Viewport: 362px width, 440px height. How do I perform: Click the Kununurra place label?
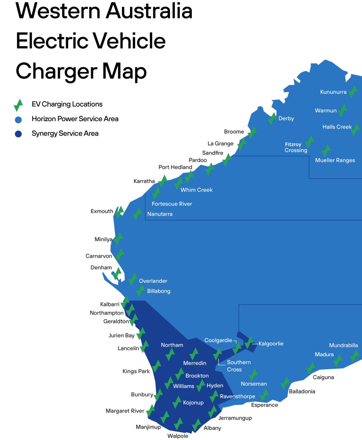333,92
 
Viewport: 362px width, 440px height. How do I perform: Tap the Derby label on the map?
286,118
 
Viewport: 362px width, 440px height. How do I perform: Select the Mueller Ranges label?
335,160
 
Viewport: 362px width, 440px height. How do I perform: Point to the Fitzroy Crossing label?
296,148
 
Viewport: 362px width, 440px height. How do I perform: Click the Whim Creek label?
196,190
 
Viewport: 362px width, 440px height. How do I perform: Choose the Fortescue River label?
172,204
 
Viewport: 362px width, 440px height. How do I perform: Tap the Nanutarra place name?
160,214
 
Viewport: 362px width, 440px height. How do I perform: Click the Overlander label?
153,281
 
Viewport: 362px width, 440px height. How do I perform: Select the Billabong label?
159,291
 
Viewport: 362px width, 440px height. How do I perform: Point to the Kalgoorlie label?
271,343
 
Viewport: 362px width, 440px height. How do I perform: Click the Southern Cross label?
239,366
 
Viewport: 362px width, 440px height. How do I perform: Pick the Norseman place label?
254,384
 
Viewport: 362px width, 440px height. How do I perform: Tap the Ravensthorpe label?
238,396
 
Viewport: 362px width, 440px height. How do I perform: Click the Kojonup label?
193,402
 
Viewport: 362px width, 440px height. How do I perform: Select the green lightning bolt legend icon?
18,105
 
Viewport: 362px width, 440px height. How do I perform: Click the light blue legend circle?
18,120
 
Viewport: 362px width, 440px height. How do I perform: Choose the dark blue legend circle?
18,134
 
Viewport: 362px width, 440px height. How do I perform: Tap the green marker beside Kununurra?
353,91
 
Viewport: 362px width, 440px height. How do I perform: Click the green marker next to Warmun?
342,110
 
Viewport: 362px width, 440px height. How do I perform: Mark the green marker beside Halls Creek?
355,129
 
